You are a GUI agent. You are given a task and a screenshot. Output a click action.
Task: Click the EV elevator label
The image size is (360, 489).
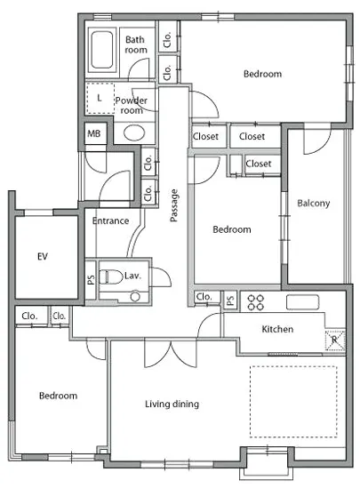43,256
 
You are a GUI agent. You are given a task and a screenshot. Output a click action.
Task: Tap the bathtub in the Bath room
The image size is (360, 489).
102,51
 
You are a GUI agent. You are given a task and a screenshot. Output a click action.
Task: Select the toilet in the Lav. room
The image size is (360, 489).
110,277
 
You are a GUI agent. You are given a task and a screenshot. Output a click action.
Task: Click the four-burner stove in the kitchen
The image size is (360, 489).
255,302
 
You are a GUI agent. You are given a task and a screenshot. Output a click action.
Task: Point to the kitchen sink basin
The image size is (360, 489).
302,302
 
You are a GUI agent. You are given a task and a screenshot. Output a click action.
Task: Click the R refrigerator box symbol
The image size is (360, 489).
335,340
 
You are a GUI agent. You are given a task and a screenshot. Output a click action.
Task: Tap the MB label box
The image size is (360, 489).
95,133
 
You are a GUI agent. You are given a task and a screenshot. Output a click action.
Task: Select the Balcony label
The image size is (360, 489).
313,204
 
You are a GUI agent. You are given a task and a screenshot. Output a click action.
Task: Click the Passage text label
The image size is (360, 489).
174,205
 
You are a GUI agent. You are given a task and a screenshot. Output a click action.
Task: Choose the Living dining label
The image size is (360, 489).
172,405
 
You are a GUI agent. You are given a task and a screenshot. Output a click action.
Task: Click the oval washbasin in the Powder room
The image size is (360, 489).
134,132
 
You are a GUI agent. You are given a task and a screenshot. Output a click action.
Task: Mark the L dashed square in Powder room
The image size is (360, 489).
100,98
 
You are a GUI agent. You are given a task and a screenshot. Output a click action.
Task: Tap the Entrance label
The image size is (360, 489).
110,220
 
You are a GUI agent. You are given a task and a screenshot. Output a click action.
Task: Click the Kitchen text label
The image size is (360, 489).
277,329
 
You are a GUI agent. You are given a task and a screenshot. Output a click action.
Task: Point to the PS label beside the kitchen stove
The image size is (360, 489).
230,301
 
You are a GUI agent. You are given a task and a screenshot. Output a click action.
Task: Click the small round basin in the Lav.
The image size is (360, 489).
135,296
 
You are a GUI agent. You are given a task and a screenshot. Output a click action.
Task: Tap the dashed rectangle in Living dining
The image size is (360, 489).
293,402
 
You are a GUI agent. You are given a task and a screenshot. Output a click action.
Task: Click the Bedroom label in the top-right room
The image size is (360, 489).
262,74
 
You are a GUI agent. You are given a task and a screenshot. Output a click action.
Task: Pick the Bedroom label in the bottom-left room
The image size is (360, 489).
59,396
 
